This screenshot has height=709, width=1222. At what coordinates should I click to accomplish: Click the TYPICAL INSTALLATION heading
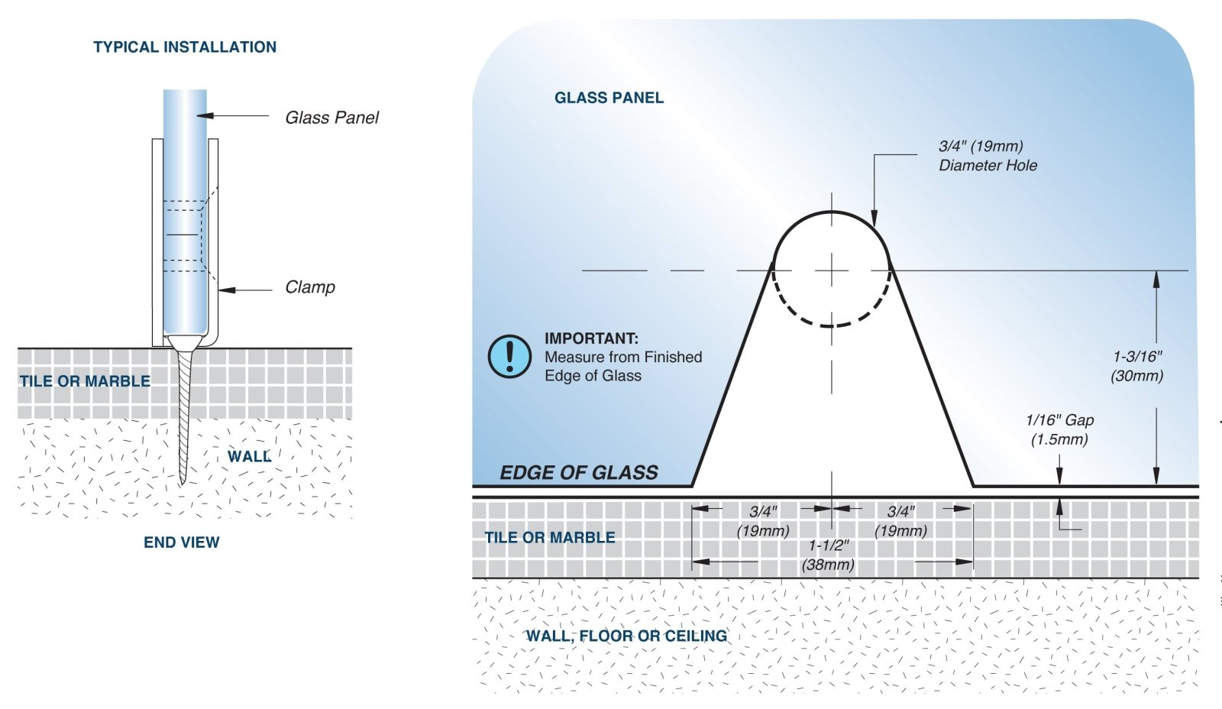coord(185,47)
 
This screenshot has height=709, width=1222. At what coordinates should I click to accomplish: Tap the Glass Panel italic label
coord(331,118)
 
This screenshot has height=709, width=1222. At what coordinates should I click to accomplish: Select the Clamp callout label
coord(310,287)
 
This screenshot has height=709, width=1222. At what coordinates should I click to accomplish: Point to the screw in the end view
coord(183,413)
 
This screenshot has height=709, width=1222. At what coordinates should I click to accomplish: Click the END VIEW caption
coord(182,542)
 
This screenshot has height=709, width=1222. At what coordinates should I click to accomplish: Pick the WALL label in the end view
coord(249,457)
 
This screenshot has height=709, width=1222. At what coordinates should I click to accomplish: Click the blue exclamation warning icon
coord(509,357)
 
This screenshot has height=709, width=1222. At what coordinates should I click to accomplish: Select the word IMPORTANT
coord(591,338)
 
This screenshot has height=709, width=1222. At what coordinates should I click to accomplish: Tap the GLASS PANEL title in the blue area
coord(609,98)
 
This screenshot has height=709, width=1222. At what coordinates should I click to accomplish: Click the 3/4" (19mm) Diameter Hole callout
coord(988,156)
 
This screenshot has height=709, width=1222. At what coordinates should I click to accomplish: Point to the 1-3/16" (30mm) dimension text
coord(1137,366)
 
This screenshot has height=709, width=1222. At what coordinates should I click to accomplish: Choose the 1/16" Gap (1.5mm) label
coord(1059,429)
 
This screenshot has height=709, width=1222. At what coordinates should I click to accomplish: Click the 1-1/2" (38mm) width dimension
coord(829,555)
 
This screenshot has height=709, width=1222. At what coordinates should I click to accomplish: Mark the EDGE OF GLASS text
coord(579,473)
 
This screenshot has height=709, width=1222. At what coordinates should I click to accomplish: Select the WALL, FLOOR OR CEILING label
coord(626,636)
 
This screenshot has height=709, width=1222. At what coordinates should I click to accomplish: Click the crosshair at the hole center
coord(831,270)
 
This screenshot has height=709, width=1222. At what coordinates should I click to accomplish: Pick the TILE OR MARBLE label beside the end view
coord(85,381)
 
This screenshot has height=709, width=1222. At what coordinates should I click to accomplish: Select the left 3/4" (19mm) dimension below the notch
coord(762,521)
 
